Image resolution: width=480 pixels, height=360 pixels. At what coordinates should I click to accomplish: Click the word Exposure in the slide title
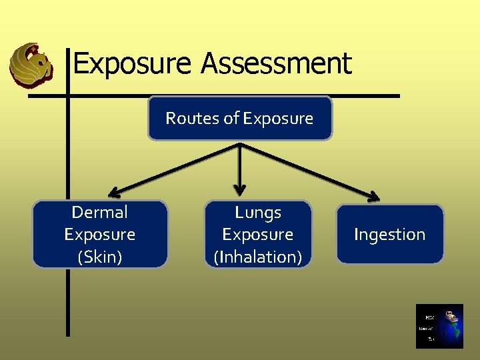click(132, 64)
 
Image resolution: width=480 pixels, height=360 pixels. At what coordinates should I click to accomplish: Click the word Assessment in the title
click(275, 64)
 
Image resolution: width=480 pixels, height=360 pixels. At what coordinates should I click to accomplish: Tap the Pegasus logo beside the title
click(31, 65)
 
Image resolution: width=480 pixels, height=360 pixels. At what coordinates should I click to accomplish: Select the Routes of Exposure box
click(239, 118)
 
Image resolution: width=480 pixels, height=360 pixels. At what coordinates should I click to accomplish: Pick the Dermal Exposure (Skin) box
click(100, 234)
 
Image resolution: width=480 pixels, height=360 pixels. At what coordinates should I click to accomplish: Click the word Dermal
click(99, 213)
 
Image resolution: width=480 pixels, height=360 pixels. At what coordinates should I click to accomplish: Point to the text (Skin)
click(100, 256)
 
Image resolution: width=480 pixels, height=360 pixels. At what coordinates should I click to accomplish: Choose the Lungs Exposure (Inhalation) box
click(257, 234)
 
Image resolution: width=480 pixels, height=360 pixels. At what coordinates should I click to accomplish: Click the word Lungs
click(257, 213)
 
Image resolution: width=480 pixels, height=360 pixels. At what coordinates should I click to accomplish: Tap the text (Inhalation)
click(257, 256)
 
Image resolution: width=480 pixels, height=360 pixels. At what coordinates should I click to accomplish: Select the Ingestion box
click(389, 234)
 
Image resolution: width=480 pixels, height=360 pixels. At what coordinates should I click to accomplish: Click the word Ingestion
click(389, 234)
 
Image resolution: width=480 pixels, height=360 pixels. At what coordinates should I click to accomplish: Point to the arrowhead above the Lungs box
click(240, 189)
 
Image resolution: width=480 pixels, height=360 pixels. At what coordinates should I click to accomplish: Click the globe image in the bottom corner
click(439, 326)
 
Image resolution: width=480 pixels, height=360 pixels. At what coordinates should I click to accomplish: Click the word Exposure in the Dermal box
click(99, 234)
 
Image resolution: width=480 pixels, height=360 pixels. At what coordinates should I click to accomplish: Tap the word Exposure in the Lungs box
click(257, 234)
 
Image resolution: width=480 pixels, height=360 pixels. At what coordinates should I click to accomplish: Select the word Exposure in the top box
click(278, 118)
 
